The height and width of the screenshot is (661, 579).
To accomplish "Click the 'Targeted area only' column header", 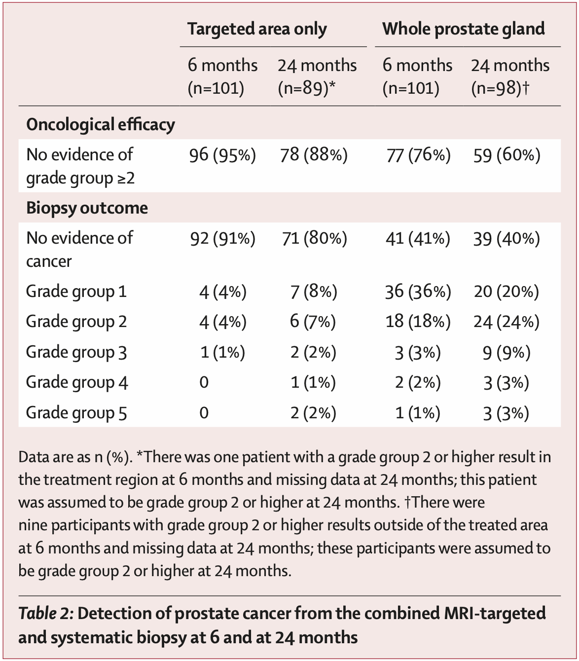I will (256, 29).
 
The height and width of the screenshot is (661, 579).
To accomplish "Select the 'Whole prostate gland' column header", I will (463, 29).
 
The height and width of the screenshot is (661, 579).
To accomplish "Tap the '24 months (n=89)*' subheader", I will (317, 76).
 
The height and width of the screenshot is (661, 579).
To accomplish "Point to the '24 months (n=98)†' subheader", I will (509, 76).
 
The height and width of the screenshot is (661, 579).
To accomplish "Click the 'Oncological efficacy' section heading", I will (100, 124).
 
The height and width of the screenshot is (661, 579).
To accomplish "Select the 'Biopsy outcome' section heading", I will (87, 208).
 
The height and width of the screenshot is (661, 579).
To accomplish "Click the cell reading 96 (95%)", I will (222, 155).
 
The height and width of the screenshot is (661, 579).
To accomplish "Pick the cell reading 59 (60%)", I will (507, 155).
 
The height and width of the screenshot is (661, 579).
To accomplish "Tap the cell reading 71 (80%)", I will (314, 239).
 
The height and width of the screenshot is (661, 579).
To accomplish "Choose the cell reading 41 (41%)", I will (417, 239).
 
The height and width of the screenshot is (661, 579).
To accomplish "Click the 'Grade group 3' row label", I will (76, 352).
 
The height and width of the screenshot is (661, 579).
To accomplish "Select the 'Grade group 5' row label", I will (76, 412).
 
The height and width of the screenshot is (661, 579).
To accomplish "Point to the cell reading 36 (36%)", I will (417, 292).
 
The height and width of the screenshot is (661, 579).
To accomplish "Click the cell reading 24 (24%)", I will (507, 322).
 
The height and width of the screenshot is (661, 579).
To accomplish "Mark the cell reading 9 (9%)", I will (507, 352).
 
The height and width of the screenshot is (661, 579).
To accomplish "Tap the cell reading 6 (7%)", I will (313, 322).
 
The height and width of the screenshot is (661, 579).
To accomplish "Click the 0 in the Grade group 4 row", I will (204, 382).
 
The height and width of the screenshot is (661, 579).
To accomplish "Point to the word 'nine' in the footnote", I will (33, 525).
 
